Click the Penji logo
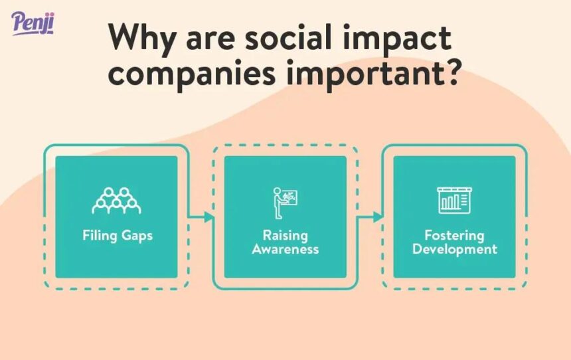point(33,23)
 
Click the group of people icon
point(116,200)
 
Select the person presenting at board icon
point(285,201)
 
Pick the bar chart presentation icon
point(454,200)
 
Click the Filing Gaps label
point(117,236)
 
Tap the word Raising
point(285,235)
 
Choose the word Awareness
point(285,250)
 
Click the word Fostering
point(454,235)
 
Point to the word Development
point(454,250)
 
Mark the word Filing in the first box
point(98,236)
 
